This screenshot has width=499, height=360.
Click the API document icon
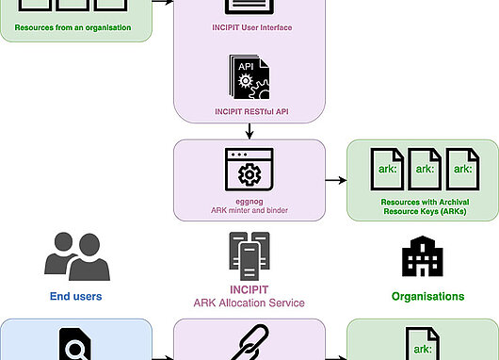click(249, 76)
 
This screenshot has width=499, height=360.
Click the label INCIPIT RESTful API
click(251, 112)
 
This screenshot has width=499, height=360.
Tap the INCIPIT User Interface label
click(252, 27)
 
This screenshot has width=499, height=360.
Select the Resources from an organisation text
click(72, 27)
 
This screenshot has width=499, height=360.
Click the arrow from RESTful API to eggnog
click(249, 131)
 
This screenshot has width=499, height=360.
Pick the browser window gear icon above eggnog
click(249, 170)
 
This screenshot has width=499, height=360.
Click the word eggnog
click(249, 202)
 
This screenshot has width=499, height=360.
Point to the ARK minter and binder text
click(249, 210)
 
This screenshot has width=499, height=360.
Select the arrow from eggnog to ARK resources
click(336, 180)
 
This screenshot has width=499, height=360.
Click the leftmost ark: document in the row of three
click(387, 170)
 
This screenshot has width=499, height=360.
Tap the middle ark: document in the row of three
click(425, 170)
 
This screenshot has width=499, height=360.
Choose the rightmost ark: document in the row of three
click(462, 170)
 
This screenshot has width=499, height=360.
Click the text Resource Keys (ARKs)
click(425, 211)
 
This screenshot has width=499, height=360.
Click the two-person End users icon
click(77, 256)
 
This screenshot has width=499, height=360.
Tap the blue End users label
click(75, 296)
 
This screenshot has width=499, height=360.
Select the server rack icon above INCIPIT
click(249, 256)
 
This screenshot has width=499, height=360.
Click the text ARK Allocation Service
click(249, 303)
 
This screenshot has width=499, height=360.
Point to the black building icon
click(423, 256)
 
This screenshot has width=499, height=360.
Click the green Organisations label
click(427, 297)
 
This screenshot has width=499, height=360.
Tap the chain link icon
click(249, 342)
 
